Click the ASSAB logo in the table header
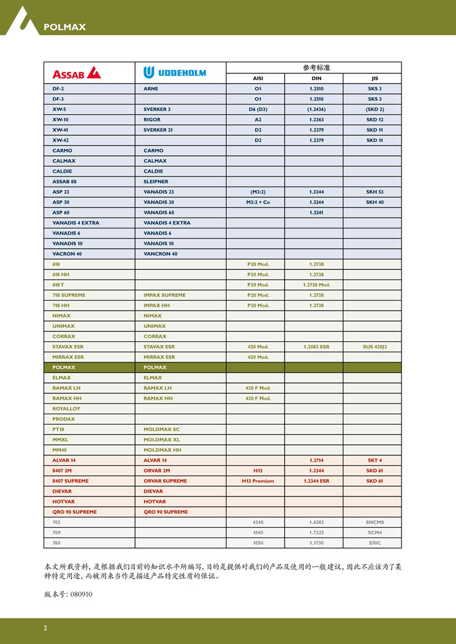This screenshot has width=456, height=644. (x=76, y=72)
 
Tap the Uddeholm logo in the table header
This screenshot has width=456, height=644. (x=175, y=72)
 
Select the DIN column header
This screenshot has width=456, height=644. (x=315, y=78)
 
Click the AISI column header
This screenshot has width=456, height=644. (x=258, y=78)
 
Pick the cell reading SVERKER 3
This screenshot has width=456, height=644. (x=157, y=109)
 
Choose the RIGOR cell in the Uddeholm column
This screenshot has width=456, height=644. (x=152, y=119)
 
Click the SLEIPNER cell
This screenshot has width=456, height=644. (x=156, y=182)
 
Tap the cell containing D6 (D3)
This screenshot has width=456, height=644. (x=258, y=109)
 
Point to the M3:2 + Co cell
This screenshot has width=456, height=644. (x=258, y=202)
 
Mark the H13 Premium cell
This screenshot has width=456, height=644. (x=258, y=481)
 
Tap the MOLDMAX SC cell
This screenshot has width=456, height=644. (x=162, y=429)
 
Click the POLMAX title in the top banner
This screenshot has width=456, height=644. (x=64, y=27)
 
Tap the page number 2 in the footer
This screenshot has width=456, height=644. (x=45, y=628)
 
